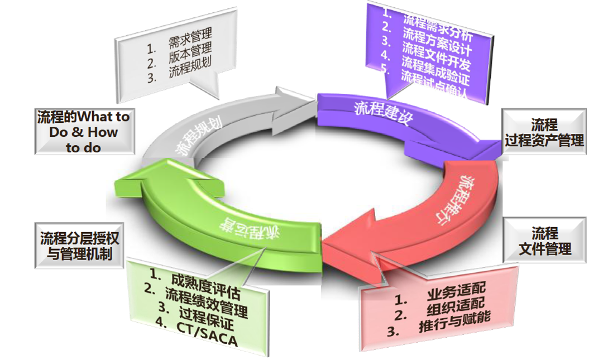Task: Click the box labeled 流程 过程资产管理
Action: (x=544, y=132)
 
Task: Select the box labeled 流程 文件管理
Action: (x=545, y=241)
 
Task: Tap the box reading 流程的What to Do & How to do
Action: (x=84, y=132)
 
